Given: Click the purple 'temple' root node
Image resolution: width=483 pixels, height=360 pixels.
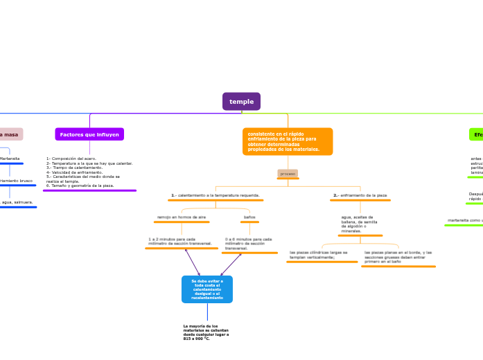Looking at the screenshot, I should [241, 102].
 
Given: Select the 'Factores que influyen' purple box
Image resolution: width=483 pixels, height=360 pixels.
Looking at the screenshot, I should [89, 134].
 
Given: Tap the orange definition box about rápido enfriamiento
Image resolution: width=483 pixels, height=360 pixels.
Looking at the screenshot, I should [287, 141].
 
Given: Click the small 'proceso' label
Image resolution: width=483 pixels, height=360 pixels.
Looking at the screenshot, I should [288, 173].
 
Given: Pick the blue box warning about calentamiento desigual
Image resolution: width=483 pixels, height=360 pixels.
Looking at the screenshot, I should [207, 289].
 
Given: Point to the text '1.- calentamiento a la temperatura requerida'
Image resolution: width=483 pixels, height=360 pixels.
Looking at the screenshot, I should [216, 195].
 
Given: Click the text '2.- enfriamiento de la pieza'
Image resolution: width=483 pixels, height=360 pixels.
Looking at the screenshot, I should [360, 195].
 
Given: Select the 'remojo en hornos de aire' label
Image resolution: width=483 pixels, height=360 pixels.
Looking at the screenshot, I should [181, 217].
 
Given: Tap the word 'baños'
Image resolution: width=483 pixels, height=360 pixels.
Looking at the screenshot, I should [249, 217].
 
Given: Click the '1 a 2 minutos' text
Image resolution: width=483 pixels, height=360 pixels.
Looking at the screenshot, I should [180, 241].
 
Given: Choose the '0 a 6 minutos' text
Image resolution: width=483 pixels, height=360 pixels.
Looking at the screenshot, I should [249, 243].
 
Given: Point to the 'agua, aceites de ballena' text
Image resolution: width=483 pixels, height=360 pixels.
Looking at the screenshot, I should [360, 224].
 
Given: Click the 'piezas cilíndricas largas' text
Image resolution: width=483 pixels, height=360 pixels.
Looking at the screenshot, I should [322, 255].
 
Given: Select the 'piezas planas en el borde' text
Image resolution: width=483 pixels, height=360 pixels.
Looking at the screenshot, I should [398, 257].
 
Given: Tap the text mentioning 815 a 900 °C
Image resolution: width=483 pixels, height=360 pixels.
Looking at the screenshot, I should [207, 332].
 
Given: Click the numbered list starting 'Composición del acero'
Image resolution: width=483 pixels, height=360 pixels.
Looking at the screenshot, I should [89, 172].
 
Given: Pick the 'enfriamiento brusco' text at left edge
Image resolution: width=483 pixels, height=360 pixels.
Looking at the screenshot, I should [16, 181].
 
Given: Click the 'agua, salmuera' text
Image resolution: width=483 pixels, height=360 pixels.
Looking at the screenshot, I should [17, 202].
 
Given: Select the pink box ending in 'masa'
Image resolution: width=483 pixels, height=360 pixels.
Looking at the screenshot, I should [10, 134].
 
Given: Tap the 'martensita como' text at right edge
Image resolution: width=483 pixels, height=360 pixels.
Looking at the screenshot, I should [465, 220].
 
